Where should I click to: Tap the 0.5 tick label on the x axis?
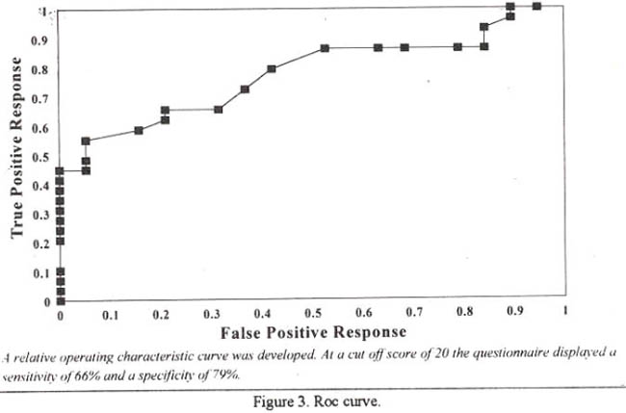point(313,315)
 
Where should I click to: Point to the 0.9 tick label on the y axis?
point(39,41)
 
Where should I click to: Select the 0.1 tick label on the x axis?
point(110,315)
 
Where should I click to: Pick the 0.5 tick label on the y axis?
point(39,157)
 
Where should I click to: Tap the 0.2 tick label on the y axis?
point(39,244)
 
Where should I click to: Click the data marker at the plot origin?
point(61,300)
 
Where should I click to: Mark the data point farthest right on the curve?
point(536,5)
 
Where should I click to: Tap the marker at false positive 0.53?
point(326,48)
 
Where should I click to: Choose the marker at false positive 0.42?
point(272,68)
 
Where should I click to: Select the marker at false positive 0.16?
point(140,130)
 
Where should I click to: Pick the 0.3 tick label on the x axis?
point(212,315)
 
